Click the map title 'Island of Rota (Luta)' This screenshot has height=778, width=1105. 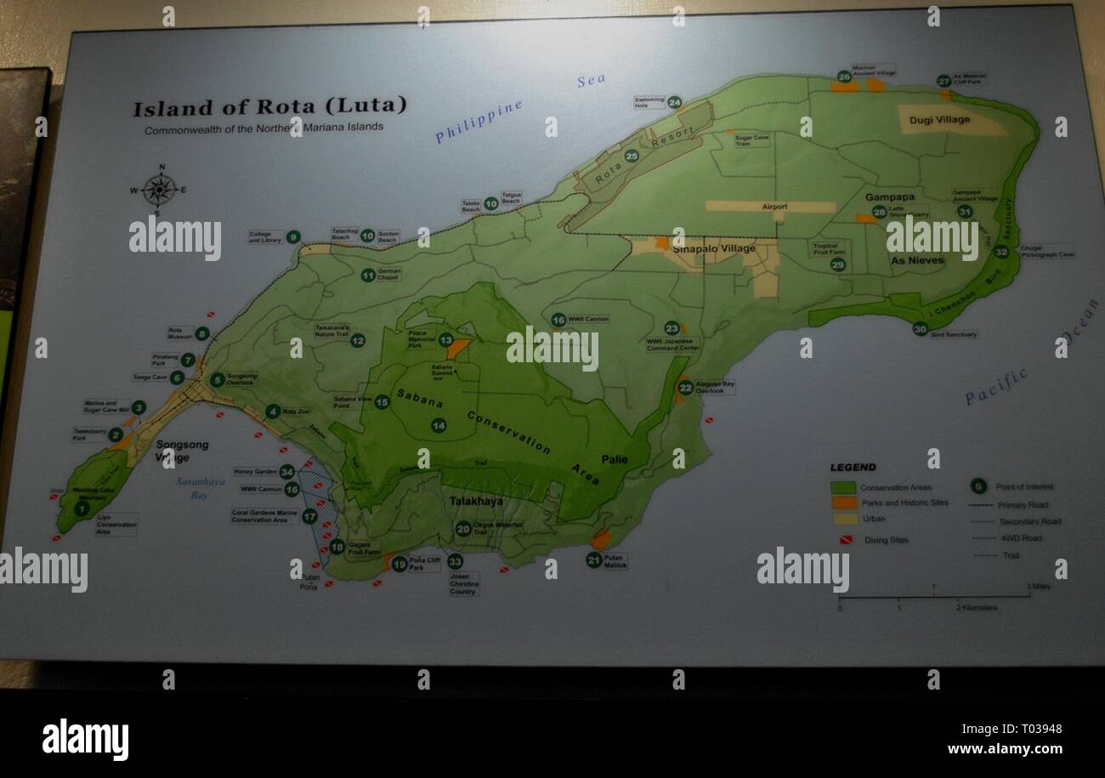point(269,107)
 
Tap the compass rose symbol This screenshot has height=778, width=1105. point(159,189)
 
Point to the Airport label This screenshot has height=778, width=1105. point(774,207)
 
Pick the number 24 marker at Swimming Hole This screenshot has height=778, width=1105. point(674,102)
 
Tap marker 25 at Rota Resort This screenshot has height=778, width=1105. point(631,156)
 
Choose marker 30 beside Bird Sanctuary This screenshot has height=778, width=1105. point(920,329)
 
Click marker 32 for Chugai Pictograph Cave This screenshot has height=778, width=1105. point(1000,252)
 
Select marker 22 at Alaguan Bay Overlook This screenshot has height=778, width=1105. point(685,388)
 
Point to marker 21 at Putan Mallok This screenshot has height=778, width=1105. point(593,559)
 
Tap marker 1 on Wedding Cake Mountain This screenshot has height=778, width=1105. point(82,508)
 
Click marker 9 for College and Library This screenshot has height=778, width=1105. point(292,237)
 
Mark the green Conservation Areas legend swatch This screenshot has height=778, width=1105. point(842,487)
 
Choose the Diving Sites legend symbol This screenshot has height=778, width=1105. point(846,539)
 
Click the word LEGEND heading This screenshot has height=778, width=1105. point(853,467)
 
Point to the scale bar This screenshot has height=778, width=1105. point(933,597)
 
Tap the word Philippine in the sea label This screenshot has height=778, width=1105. point(478,122)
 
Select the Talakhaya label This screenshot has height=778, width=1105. point(476,502)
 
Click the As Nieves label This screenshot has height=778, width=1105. point(916,260)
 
